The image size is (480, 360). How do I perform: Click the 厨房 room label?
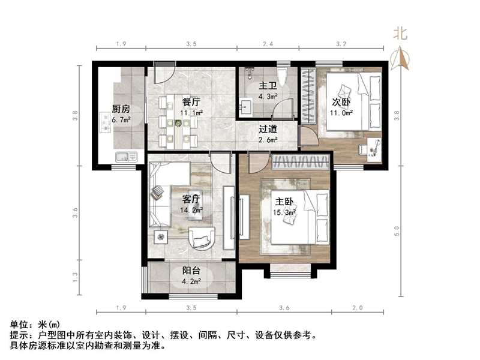pyautogui.click(x=121, y=109)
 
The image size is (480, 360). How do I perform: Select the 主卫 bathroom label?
pyautogui.click(x=266, y=86)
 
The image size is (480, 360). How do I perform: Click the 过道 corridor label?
pyautogui.click(x=268, y=129)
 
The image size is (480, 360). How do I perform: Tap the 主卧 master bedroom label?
pyautogui.click(x=285, y=202)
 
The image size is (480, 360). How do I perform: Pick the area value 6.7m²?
pyautogui.click(x=121, y=120)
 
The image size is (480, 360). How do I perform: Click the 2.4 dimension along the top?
pyautogui.click(x=268, y=44)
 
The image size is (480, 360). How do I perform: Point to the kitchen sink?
pyautogui.click(x=124, y=158)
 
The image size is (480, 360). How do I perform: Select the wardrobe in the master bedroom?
pyautogui.click(x=301, y=161)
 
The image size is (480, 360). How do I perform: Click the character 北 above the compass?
pyautogui.click(x=400, y=34)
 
